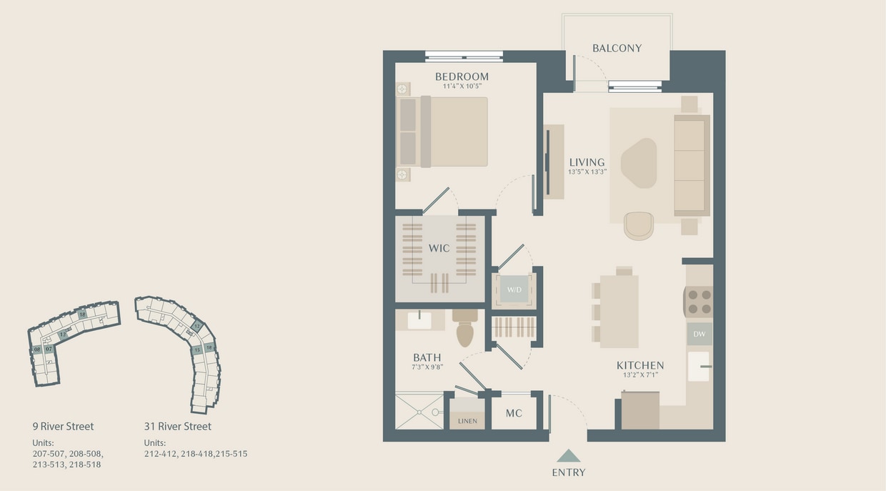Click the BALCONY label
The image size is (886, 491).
617,49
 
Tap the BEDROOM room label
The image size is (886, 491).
462,76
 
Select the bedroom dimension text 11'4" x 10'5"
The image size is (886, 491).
462,86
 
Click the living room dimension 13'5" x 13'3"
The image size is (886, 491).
587,172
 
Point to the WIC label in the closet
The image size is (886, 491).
439,248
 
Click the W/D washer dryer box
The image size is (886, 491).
514,289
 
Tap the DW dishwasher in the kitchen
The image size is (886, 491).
699,334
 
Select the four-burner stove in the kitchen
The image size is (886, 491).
699,301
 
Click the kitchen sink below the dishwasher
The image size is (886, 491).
699,366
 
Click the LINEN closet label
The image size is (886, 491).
467,421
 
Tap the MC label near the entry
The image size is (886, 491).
514,414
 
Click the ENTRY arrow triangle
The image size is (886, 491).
569,456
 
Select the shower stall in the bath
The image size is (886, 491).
419,410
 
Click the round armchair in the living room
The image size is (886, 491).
638,225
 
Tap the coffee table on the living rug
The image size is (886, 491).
638,162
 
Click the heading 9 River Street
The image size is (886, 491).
63,427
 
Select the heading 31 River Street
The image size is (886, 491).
177,427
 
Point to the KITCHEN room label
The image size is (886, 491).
640,365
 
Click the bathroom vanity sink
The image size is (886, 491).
419,320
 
